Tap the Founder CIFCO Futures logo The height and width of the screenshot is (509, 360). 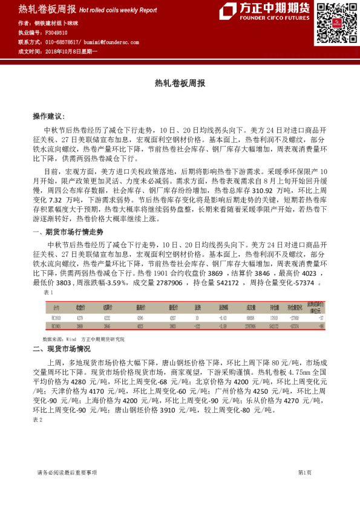pos(265,11)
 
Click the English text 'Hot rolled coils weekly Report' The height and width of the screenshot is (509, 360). pos(118,10)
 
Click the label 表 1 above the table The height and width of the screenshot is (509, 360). pos(49,292)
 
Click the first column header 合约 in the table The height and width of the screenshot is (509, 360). pos(55,306)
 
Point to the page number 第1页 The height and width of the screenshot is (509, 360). pos(304,472)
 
